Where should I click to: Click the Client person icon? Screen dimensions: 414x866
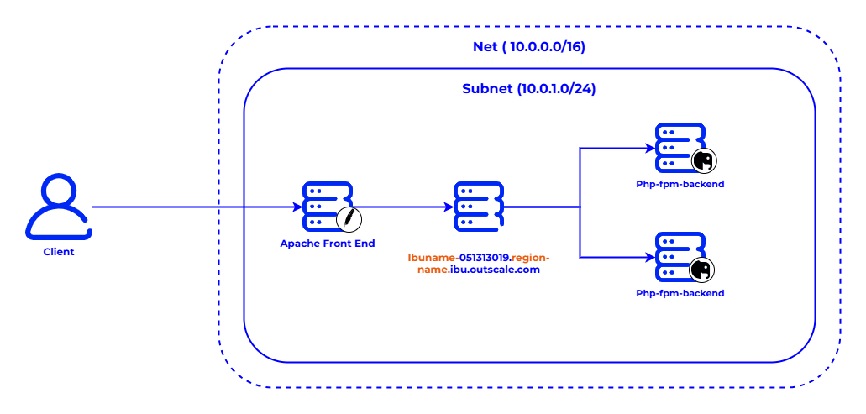[x=58, y=207]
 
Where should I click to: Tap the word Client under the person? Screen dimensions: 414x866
[x=59, y=251]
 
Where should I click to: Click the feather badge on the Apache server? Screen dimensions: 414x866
[x=349, y=219]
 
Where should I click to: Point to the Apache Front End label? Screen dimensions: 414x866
[x=328, y=244]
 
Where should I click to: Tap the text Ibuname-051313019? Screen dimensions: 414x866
[x=459, y=257]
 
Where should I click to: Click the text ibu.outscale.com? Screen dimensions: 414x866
[x=495, y=270]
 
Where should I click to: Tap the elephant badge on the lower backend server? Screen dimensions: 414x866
[x=702, y=270]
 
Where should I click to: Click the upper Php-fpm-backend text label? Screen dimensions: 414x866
[x=680, y=183]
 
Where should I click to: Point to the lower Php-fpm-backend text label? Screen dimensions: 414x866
[x=680, y=293]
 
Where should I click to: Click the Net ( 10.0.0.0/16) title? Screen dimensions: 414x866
[x=528, y=46]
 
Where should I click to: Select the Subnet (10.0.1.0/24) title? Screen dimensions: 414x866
[x=529, y=88]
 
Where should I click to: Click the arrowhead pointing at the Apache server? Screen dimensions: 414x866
[x=297, y=207]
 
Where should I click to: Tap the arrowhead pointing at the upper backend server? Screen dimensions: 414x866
[x=649, y=148]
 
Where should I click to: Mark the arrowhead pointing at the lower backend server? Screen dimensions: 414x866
[x=649, y=258]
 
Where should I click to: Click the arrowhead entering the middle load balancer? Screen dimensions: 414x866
[x=449, y=207]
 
